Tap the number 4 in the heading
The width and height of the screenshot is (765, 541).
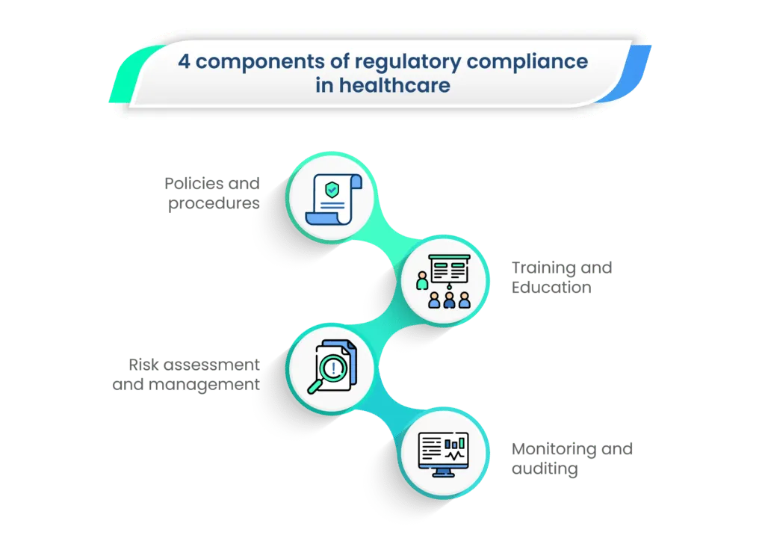[x=183, y=61]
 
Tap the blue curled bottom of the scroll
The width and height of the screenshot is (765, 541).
[x=326, y=217]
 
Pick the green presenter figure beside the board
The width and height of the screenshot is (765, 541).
[x=422, y=282]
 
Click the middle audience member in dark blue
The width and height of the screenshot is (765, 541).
[x=449, y=300]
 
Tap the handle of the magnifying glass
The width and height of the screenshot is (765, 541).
[x=315, y=388]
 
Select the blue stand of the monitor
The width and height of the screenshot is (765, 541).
[x=443, y=473]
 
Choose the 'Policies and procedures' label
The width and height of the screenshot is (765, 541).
[x=214, y=193]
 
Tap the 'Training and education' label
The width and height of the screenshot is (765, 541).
[x=560, y=277]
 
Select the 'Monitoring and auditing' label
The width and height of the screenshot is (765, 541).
[x=572, y=458]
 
